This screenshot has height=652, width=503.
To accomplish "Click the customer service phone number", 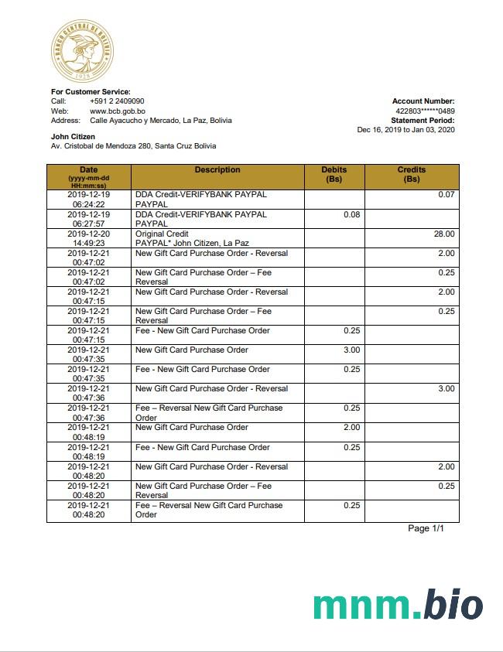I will point(117,101).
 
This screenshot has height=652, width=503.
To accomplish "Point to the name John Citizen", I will point(73,137).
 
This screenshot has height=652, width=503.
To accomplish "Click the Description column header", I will point(217,170).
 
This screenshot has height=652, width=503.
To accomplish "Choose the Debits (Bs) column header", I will point(334,174).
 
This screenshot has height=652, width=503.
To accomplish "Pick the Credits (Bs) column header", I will point(412,174).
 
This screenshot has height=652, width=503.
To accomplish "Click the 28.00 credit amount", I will point(444,234).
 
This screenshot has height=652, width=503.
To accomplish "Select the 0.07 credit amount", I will point(447,195).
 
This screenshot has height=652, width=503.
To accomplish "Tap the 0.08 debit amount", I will point(351,214).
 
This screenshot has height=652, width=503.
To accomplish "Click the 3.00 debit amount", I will point(351,350).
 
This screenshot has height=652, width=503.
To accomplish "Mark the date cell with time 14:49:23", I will point(89,238).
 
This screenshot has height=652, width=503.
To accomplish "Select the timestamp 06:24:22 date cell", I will point(89,200).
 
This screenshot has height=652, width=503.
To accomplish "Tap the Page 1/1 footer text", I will point(426,528).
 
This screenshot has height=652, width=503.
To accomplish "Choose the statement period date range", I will point(405,129).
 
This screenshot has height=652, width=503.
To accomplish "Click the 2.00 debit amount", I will point(351,427).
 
